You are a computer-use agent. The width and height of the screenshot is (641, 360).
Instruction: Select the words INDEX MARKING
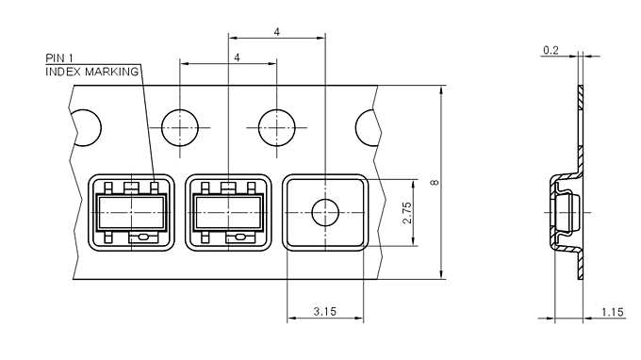pyautogui.click(x=92, y=72)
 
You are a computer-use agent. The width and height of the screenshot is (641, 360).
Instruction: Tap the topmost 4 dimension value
pyautogui.click(x=276, y=32)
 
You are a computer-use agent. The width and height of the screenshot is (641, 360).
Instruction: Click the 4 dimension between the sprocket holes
pyautogui.click(x=236, y=58)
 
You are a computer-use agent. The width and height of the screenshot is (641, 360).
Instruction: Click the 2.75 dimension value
pyautogui.click(x=406, y=212)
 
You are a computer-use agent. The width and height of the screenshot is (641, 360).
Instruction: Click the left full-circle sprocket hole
pyautogui.click(x=179, y=126)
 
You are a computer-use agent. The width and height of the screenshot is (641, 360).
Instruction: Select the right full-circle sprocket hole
pyautogui.click(x=276, y=126)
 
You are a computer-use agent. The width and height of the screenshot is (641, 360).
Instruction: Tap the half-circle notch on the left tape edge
pyautogui.click(x=86, y=126)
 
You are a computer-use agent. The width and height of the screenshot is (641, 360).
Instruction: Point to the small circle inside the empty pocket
pyautogui.click(x=324, y=212)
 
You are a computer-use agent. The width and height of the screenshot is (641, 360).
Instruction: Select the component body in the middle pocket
pyautogui.click(x=227, y=211)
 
